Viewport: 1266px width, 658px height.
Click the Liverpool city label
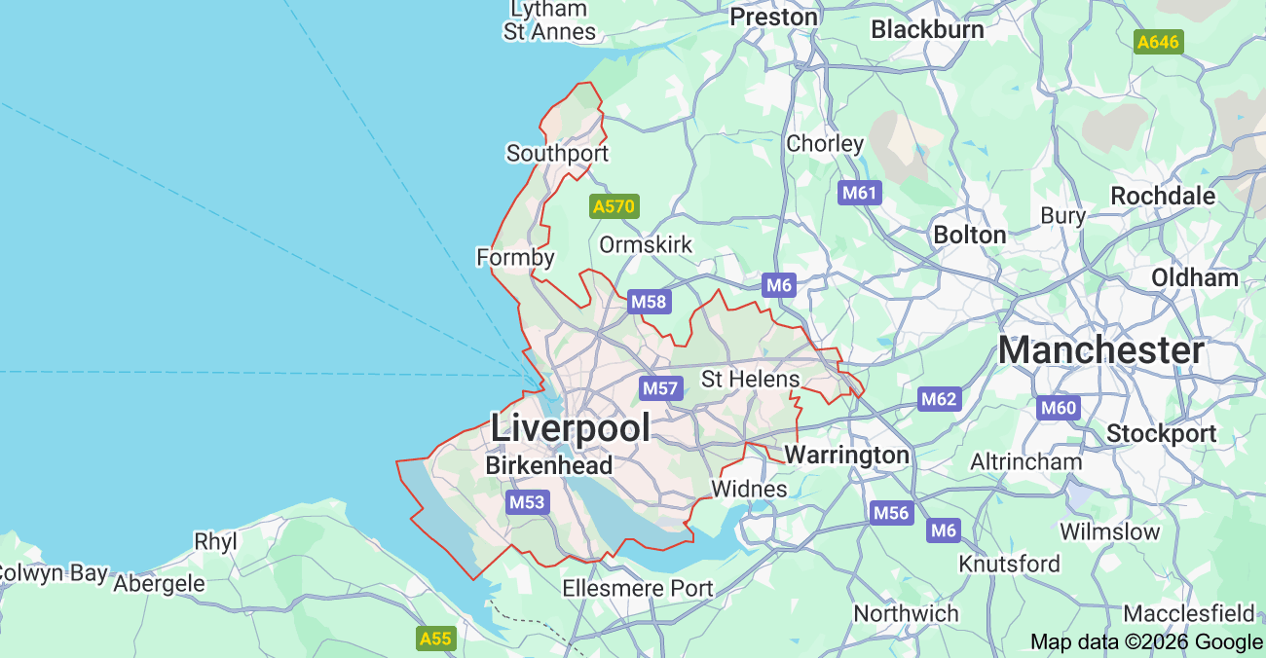click(x=570, y=427)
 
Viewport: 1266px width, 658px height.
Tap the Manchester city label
click(x=1100, y=350)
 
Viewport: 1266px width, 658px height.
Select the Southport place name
click(x=557, y=154)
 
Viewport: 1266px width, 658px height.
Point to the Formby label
click(x=515, y=258)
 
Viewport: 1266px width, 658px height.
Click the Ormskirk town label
click(x=646, y=244)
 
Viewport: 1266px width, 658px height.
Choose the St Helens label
click(x=750, y=379)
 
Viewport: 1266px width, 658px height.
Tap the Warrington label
click(x=846, y=455)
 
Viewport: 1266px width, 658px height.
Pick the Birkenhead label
click(x=549, y=465)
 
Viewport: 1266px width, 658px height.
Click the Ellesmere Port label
click(x=638, y=588)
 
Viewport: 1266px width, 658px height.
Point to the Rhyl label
click(x=215, y=541)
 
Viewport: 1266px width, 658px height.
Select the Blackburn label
click(x=927, y=29)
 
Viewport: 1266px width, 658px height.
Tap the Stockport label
click(x=1161, y=433)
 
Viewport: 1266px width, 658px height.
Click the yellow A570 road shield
click(x=614, y=206)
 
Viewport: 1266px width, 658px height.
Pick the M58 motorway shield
click(x=649, y=302)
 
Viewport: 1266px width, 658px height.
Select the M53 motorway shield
click(x=527, y=502)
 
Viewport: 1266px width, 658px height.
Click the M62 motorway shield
click(x=940, y=398)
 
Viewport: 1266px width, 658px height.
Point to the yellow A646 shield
click(x=1159, y=42)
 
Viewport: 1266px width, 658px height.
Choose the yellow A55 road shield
click(x=435, y=639)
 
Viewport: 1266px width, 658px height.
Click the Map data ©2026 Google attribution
click(x=1146, y=641)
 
